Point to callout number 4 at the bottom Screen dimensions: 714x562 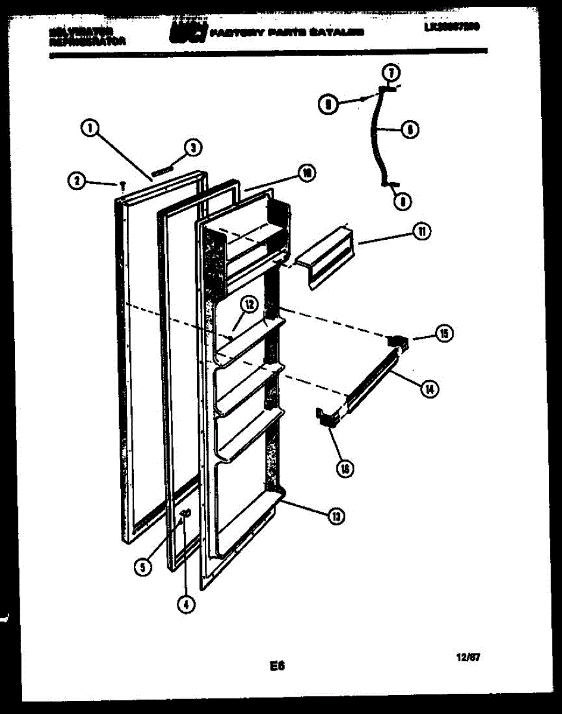(x=186, y=604)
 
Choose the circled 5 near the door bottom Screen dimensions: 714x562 (x=142, y=567)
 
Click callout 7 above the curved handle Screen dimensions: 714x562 (x=391, y=73)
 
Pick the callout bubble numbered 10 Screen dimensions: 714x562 (x=307, y=174)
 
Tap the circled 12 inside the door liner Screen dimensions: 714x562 (x=249, y=305)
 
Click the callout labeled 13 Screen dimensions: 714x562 (x=336, y=516)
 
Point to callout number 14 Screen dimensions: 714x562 (x=428, y=389)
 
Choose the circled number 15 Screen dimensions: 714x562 (x=443, y=334)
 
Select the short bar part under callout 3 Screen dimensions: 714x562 (x=161, y=171)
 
